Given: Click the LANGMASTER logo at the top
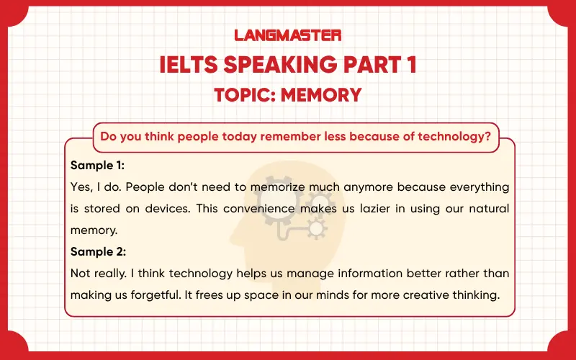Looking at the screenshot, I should tap(288, 35).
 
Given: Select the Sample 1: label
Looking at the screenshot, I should tap(98, 165).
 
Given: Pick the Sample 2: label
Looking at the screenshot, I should tap(99, 252).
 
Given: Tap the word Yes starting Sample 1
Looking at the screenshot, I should tap(81, 187).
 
